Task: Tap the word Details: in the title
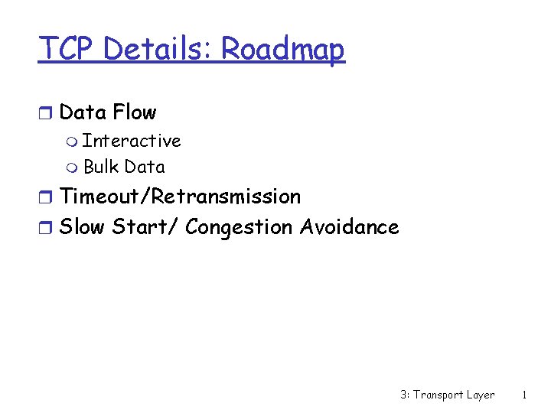158,50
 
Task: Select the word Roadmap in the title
283,50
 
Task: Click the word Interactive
132,141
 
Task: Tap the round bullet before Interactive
73,142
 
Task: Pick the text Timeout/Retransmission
180,197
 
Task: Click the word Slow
83,227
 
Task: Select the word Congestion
239,228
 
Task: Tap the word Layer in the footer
481,395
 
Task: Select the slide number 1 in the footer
523,395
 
